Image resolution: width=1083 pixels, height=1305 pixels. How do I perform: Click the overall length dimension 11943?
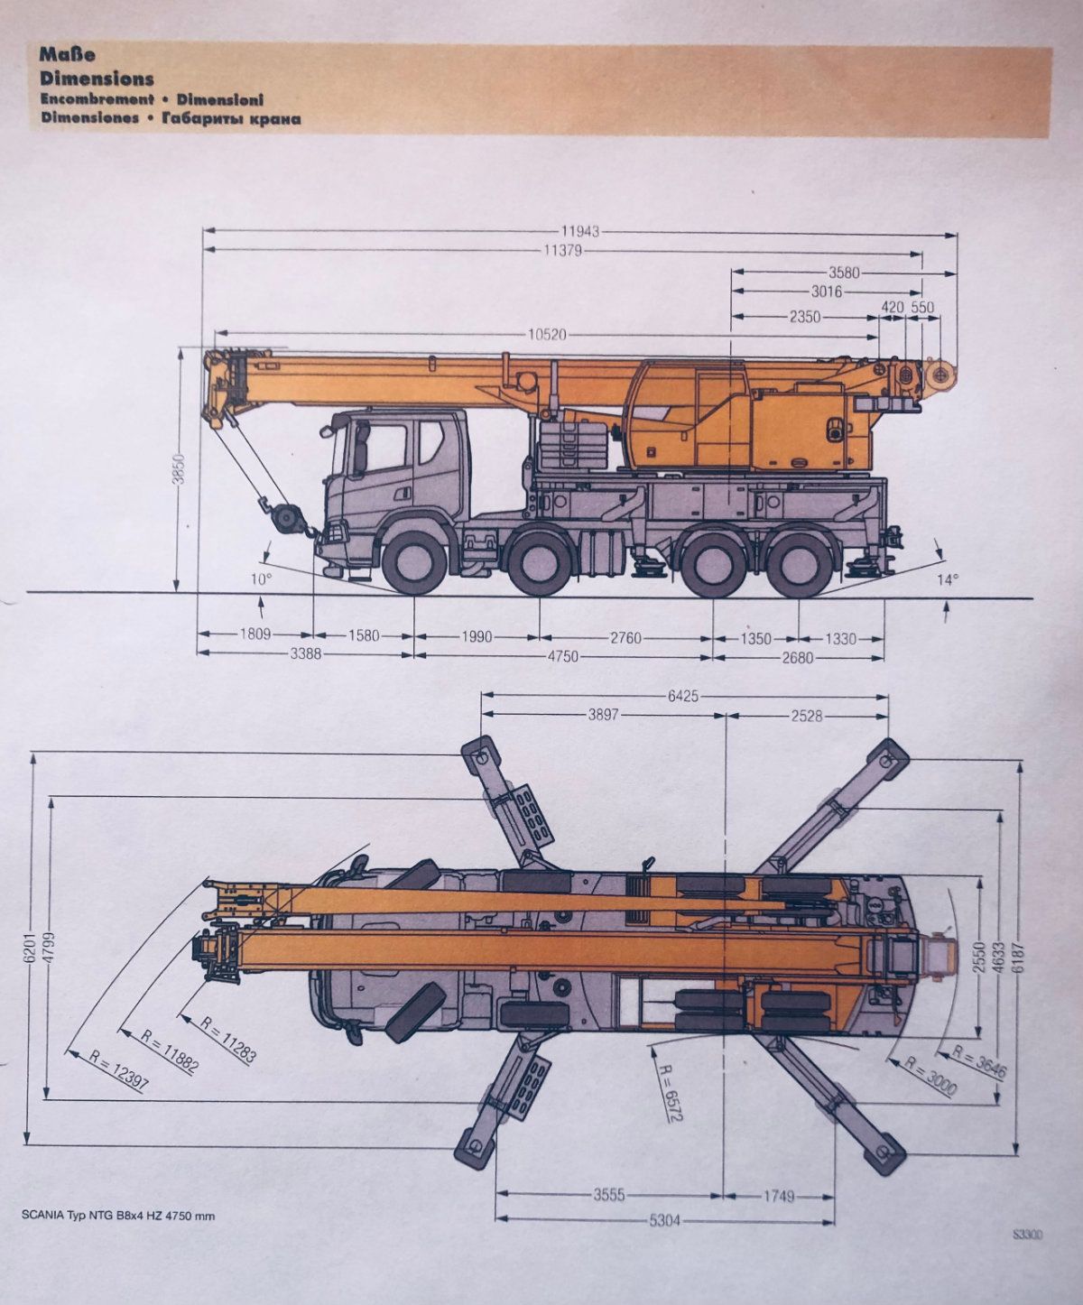[x=579, y=232]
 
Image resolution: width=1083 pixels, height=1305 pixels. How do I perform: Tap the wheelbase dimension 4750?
[x=561, y=656]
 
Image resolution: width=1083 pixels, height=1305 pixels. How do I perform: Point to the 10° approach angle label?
[x=261, y=578]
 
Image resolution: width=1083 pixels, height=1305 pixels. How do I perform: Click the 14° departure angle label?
[x=947, y=579]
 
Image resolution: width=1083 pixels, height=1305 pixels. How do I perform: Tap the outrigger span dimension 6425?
[x=683, y=696]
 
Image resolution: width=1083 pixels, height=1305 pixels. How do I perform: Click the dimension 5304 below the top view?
[x=664, y=1221]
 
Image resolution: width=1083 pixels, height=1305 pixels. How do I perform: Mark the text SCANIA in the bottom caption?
[x=43, y=1215]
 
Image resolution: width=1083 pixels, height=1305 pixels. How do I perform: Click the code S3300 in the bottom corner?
[x=1027, y=1236]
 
